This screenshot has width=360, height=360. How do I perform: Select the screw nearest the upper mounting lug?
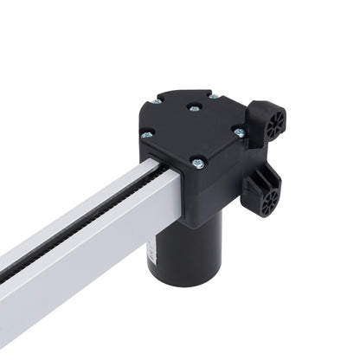pos(239,132)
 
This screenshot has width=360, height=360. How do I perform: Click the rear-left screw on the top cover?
pos(157,101)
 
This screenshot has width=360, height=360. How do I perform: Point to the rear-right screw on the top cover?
pos(213,95)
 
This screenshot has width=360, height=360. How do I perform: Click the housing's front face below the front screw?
pos(208,195)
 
